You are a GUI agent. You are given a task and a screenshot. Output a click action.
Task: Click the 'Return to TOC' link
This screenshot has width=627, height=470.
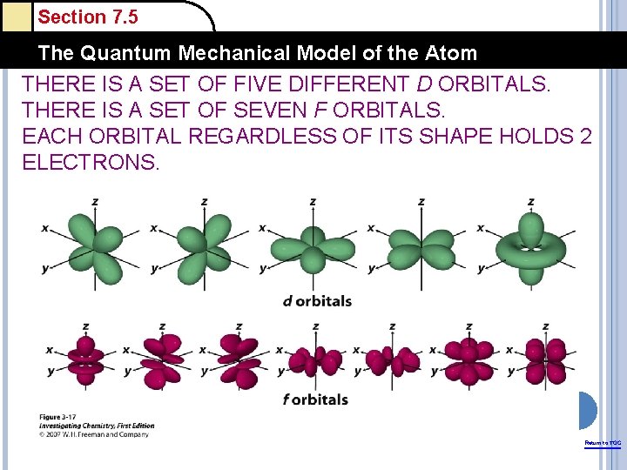coord(603,443)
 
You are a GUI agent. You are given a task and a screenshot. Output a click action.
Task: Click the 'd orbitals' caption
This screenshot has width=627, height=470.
coord(317,301)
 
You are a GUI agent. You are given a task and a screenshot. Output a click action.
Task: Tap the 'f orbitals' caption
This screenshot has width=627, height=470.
coord(314,399)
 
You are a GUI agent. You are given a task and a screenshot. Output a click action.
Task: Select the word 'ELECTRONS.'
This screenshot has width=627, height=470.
coord(91,162)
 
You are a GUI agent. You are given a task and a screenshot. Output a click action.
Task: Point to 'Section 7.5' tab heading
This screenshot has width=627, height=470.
coord(88,17)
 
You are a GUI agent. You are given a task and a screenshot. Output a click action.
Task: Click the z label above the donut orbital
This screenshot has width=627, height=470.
coord(530,202)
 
